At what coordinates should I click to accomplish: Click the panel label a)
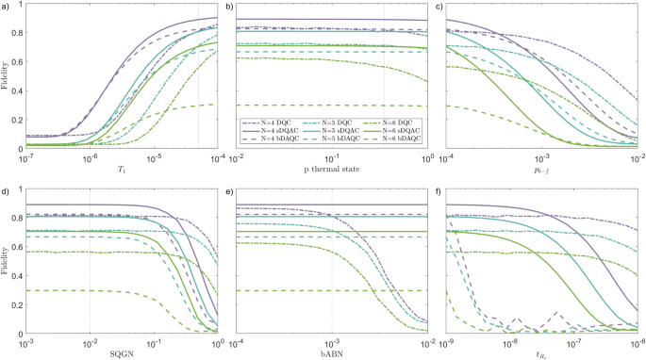click(x=7, y=8)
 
